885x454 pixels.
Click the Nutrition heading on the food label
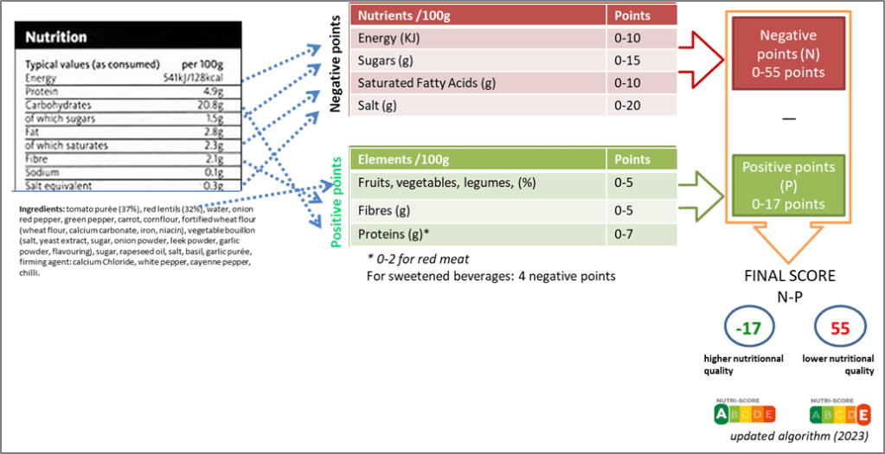click(x=56, y=37)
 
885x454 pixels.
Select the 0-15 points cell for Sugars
click(x=627, y=61)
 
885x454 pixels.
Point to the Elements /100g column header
click(x=402, y=159)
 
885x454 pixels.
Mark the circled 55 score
click(x=838, y=329)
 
